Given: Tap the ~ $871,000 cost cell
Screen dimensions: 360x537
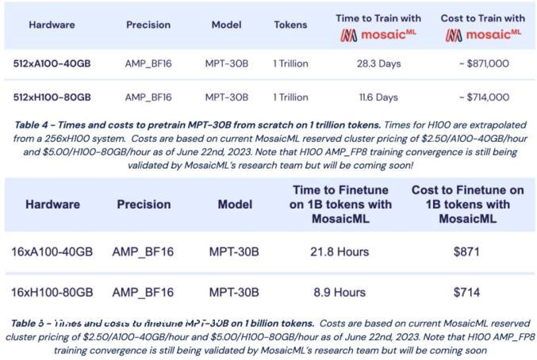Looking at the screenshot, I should (483, 63).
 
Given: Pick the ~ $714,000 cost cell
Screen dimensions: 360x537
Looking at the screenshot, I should (483, 98).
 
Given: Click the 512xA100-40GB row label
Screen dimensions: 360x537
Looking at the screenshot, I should (52, 63).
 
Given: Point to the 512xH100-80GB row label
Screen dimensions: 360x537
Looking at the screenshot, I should (52, 98).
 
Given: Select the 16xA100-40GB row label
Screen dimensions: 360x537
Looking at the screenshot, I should (52, 252).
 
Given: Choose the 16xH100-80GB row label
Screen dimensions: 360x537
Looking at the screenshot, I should (52, 293).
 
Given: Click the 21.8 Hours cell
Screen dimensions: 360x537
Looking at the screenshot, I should (340, 252).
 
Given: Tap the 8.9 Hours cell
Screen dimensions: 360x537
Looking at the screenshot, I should (339, 293).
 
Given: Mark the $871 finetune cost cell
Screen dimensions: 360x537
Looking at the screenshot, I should (467, 252).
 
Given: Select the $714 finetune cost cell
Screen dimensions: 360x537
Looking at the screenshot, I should (467, 293).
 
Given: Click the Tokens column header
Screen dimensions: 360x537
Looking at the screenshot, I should (290, 25).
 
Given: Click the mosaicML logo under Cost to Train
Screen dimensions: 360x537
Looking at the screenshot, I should (483, 35).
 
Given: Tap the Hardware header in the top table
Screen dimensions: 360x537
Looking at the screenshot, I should (52, 25).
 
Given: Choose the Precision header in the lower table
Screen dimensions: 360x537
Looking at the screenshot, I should (144, 205).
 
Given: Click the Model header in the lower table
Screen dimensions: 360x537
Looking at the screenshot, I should (234, 205).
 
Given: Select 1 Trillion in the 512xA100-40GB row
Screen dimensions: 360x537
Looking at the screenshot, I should (290, 63).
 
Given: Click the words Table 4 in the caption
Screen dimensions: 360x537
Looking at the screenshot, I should (36, 125).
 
